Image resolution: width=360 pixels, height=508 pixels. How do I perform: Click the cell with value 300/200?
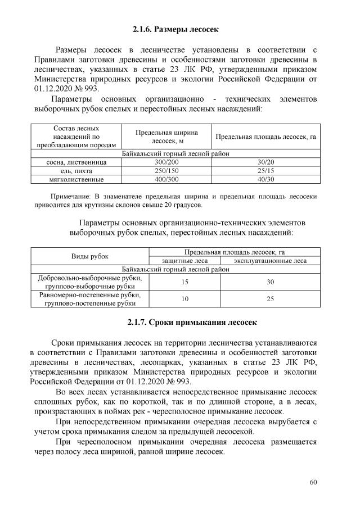(x=166, y=162)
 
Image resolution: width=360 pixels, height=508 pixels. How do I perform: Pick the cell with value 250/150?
(x=166, y=170)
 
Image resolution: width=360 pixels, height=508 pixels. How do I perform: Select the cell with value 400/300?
(x=166, y=179)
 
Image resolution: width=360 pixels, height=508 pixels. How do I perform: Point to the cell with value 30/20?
(x=265, y=162)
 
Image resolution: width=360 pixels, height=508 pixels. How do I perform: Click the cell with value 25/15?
(x=265, y=170)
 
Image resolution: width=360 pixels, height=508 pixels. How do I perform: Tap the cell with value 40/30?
(x=265, y=179)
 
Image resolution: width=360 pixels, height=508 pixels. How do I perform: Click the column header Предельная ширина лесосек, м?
(x=166, y=137)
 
